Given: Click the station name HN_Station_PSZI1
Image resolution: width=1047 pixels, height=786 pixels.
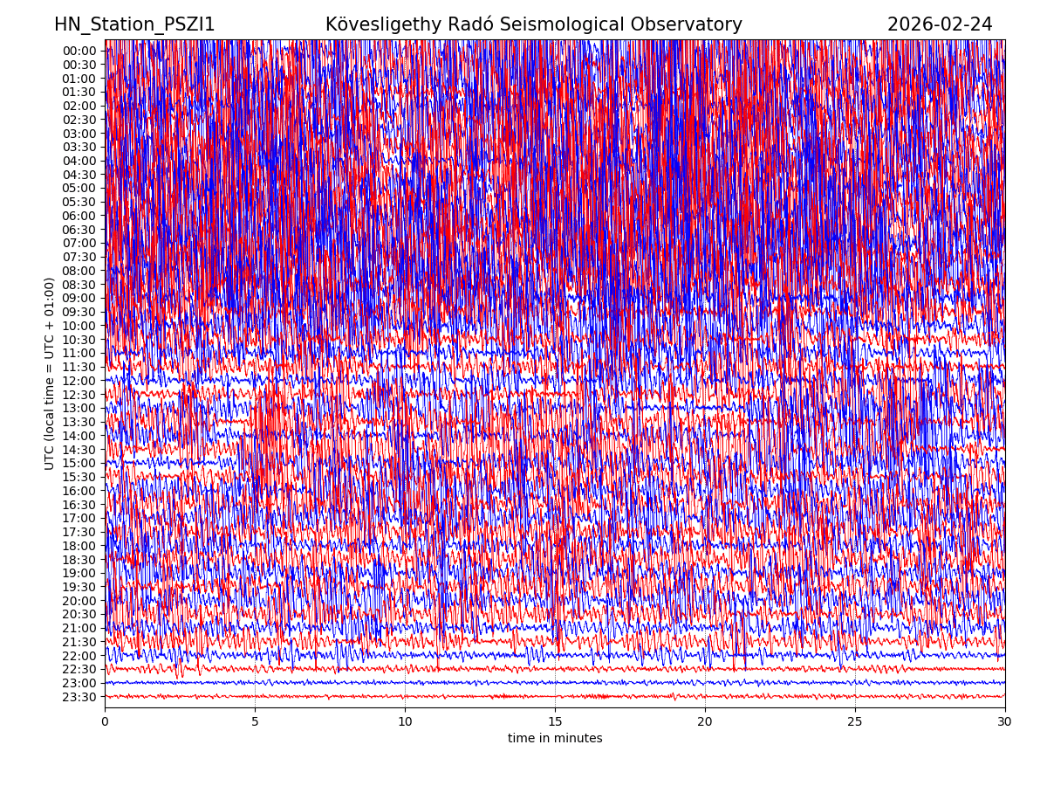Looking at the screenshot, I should pyautogui.click(x=134, y=24).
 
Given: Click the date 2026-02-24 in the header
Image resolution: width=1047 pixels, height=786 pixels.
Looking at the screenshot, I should pyautogui.click(x=940, y=24).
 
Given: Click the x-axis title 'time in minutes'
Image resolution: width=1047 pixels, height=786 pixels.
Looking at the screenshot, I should pyautogui.click(x=555, y=739).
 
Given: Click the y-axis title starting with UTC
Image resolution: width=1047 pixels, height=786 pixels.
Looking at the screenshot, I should pyautogui.click(x=50, y=374).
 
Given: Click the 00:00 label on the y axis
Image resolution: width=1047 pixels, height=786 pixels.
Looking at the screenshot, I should pyautogui.click(x=79, y=51).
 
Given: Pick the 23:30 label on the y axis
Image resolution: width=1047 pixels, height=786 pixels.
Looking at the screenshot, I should pyautogui.click(x=79, y=697).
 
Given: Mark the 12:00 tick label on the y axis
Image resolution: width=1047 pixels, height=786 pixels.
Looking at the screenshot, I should pyautogui.click(x=79, y=381).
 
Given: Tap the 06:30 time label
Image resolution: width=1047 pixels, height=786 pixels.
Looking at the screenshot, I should pyautogui.click(x=79, y=230).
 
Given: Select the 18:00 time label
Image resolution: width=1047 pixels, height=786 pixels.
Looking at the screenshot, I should pyautogui.click(x=79, y=546).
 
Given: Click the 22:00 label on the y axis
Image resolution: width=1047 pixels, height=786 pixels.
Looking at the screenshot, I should pyautogui.click(x=79, y=656).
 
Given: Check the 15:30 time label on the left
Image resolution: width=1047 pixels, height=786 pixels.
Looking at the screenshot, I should pyautogui.click(x=79, y=477).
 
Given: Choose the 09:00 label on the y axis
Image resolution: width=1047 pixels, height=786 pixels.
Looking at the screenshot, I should pyautogui.click(x=79, y=298).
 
